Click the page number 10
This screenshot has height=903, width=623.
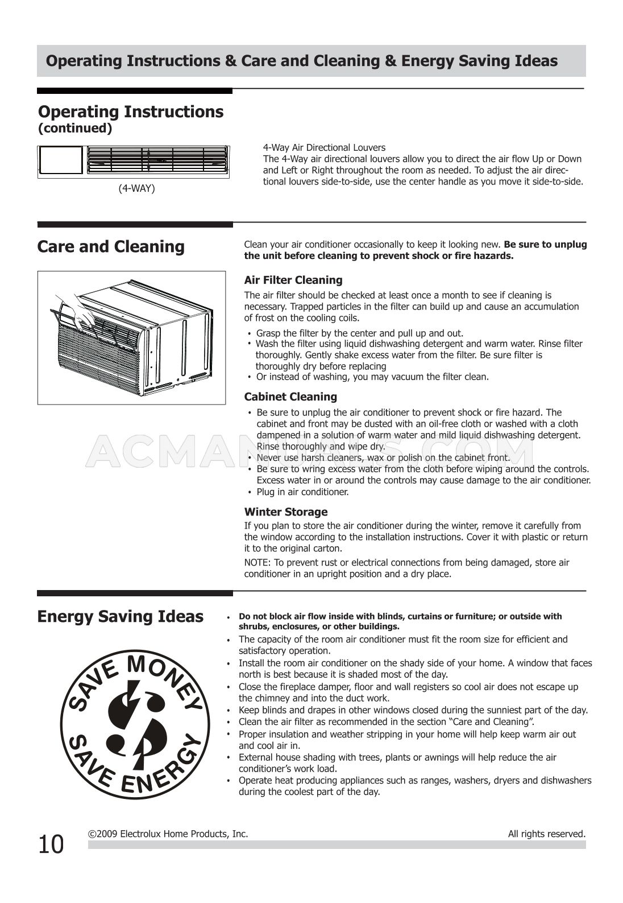[51, 844]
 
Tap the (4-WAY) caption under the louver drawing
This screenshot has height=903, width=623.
[136, 188]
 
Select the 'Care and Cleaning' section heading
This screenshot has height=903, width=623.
[111, 247]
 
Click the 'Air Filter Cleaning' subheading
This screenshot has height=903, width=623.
[293, 280]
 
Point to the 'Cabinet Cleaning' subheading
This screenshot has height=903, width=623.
[290, 397]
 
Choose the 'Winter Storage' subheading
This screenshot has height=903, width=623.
[286, 512]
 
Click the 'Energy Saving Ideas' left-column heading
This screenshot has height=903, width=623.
[120, 617]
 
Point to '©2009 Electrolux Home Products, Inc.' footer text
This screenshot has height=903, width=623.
[168, 834]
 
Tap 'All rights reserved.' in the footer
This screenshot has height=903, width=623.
[546, 834]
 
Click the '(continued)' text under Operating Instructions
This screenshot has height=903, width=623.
[75, 129]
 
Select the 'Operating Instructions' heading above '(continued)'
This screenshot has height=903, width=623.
[131, 112]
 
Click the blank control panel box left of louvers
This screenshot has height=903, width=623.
[61, 160]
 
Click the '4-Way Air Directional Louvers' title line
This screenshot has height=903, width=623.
[324, 147]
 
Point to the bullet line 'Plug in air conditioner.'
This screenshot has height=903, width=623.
[302, 492]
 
